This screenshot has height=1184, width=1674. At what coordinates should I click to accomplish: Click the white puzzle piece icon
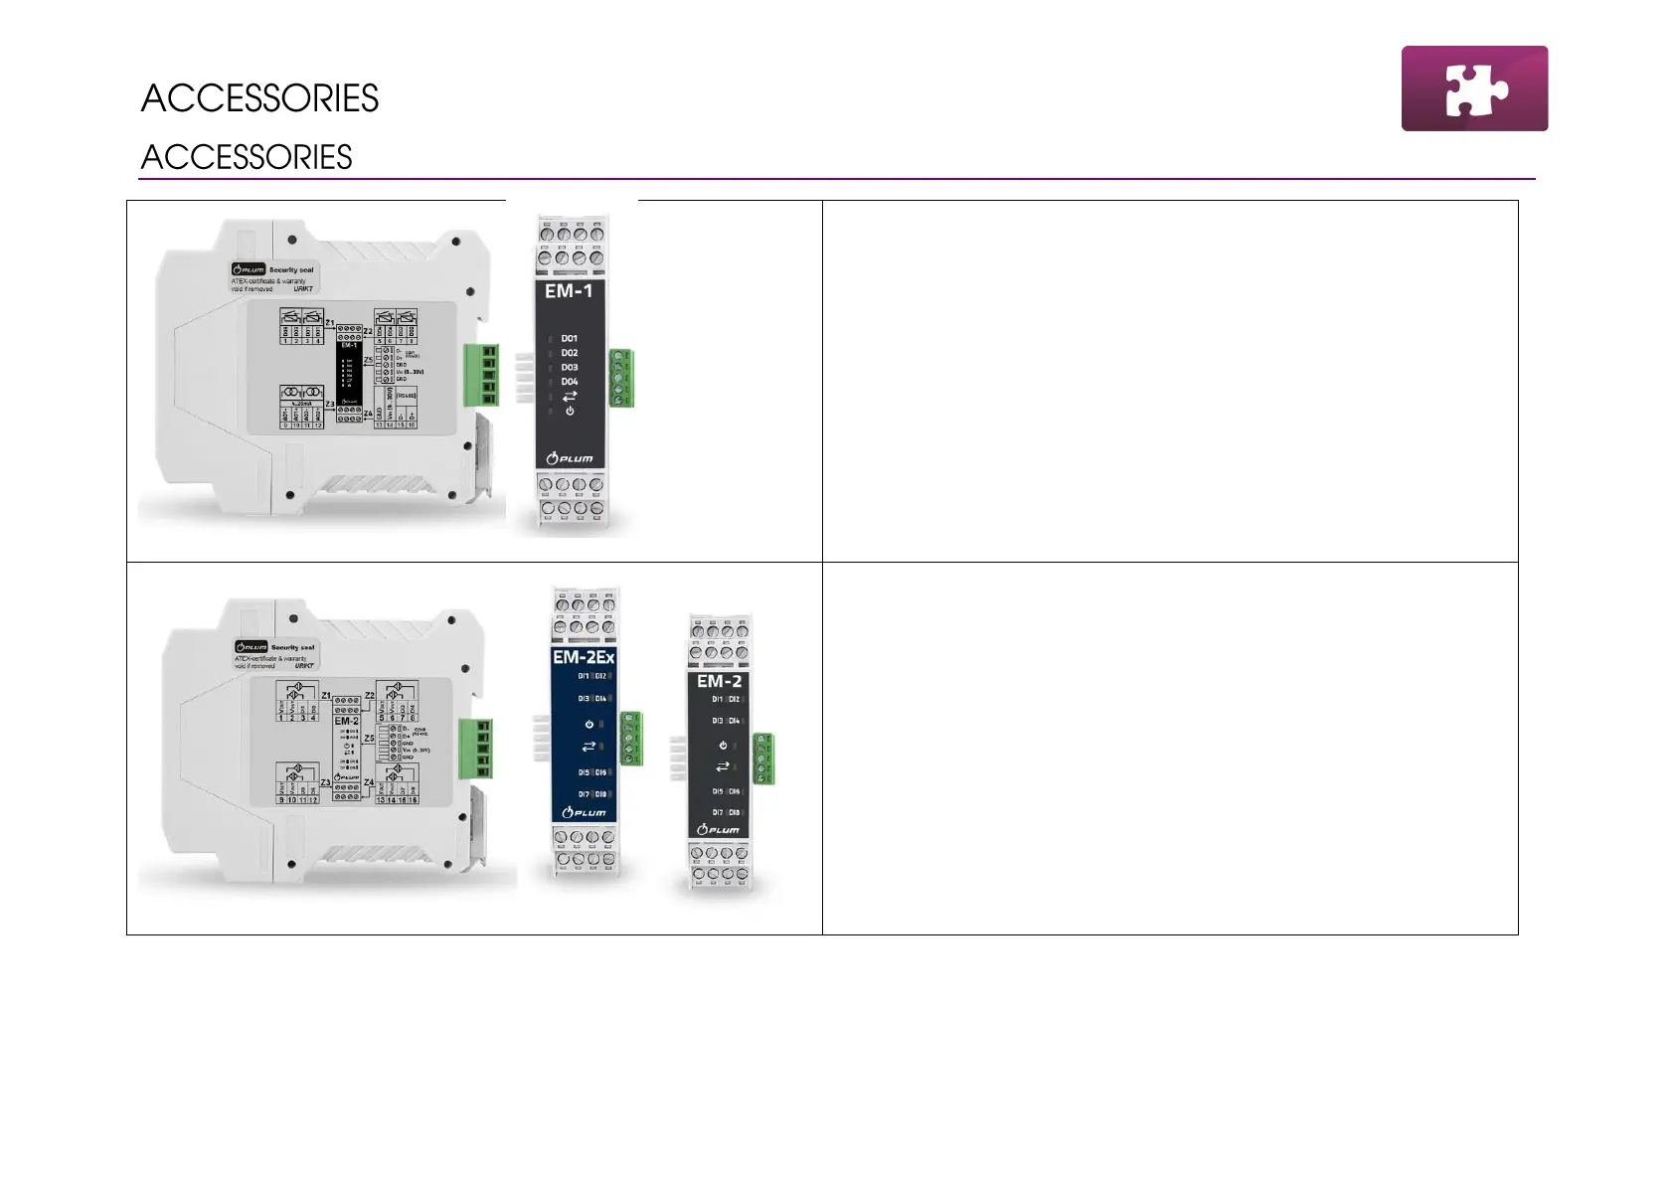[x=1475, y=88]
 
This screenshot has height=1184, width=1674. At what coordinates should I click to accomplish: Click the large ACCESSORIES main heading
[x=259, y=98]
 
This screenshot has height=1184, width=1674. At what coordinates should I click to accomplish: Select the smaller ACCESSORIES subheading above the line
[x=246, y=157]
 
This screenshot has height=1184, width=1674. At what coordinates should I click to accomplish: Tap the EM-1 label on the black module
[x=569, y=291]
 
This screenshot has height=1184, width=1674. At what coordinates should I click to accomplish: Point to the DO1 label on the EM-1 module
[x=569, y=339]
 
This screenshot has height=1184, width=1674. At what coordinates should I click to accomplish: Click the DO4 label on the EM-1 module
[x=569, y=382]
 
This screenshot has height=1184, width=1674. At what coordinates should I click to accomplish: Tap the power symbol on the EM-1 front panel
[x=570, y=411]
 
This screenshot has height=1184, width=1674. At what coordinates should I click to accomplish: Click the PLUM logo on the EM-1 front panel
[x=570, y=458]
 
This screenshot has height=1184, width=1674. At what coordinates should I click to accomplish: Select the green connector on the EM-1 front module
[x=622, y=378]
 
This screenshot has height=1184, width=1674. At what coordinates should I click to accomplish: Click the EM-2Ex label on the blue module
[x=584, y=657]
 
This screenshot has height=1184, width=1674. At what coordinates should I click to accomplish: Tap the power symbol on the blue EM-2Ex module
[x=588, y=724]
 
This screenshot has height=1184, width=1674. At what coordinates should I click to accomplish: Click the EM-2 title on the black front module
[x=719, y=682]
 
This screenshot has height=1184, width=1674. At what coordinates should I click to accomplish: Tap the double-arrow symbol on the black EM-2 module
[x=723, y=766]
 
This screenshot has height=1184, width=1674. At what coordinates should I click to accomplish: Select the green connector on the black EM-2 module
[x=763, y=759]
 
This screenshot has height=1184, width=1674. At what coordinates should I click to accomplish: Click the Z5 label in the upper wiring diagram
[x=368, y=361]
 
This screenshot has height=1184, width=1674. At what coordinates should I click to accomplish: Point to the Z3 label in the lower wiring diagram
[x=325, y=782]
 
